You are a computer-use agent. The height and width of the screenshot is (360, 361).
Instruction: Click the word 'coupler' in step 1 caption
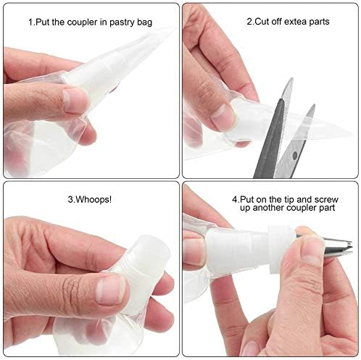pos(82,22)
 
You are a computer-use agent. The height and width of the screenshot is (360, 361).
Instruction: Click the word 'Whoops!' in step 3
pos(94,200)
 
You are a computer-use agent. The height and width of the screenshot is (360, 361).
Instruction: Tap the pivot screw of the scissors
pos(294,155)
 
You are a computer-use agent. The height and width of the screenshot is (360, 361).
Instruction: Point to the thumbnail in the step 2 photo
pos(222,117)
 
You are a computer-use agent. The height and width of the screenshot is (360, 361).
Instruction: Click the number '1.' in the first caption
pos(32,22)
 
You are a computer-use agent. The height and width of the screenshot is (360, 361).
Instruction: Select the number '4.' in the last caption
pos(236,200)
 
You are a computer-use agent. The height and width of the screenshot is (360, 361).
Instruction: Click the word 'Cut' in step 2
pos(262,22)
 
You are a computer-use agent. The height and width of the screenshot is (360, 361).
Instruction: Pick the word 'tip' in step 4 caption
pos(289,200)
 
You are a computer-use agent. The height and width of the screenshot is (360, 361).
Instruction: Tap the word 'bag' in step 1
pos(145,22)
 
